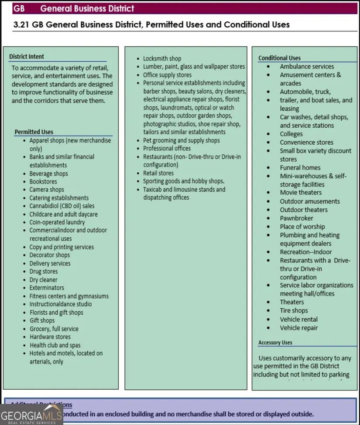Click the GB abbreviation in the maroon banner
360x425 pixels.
tap(19, 8)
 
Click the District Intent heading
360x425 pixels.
tap(27, 57)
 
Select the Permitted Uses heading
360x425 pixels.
tap(34, 132)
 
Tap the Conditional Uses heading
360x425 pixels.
tap(279, 58)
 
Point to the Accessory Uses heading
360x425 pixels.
tap(275, 343)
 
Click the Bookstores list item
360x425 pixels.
tap(43, 181)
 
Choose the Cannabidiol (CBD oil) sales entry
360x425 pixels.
tap(62, 206)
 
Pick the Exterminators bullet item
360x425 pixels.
tap(47, 288)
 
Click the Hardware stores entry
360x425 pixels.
tap(50, 337)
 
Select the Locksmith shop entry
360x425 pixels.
tap(162, 58)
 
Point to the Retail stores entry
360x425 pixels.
tap(158, 173)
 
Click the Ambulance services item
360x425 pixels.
tap(307, 67)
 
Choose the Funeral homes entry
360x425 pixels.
tap(300, 168)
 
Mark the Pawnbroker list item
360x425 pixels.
tap(297, 218)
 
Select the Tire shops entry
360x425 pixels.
tap(294, 311)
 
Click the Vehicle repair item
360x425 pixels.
tap(299, 328)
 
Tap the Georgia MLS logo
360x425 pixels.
tap(31, 413)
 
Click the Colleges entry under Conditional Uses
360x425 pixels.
tap(291, 134)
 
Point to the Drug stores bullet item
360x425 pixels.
tap(44, 272)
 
